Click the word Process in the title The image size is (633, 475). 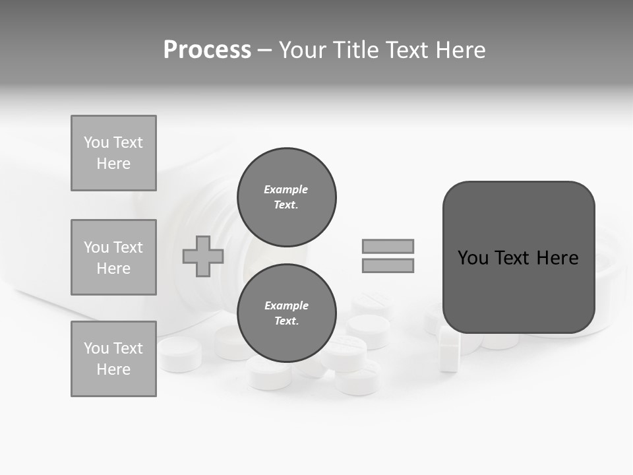coord(207,50)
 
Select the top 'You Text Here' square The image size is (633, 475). coord(113,153)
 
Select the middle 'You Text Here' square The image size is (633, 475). coord(113,257)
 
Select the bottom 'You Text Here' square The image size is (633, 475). coord(113,359)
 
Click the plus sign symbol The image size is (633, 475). coord(203,256)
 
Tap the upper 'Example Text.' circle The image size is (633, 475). coord(286,197)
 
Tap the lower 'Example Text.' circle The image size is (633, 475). coord(286,313)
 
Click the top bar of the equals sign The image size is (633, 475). coord(388,246)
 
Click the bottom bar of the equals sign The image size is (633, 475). coord(388,265)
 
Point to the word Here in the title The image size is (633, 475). coord(460,50)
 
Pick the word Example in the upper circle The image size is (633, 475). coord(286,190)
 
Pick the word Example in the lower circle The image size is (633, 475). coord(286,306)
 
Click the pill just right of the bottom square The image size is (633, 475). coord(179,354)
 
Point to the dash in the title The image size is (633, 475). coord(264,50)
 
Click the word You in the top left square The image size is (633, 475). coord(96,142)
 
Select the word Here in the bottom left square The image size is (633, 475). coord(113,369)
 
